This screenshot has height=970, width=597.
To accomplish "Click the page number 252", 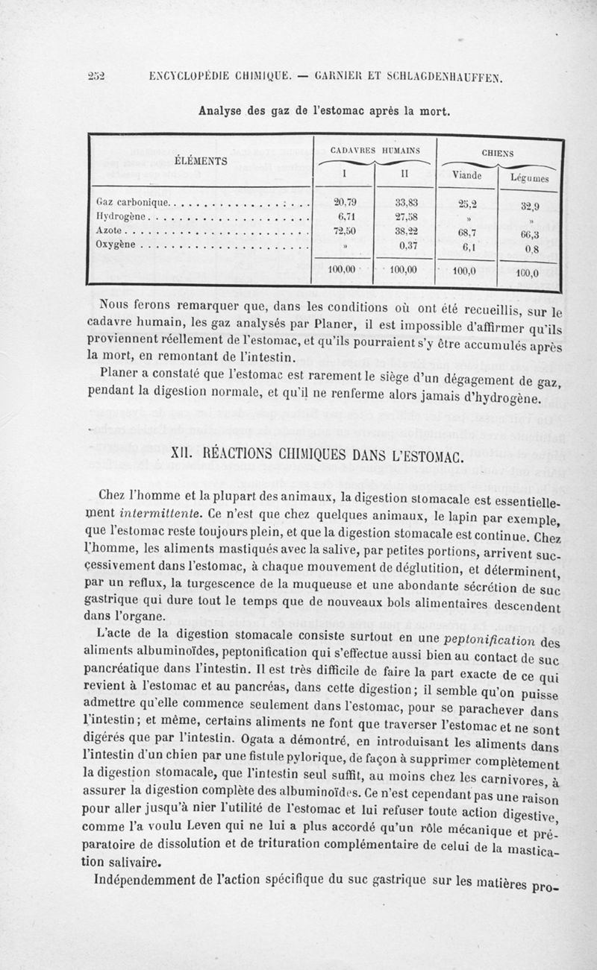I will coord(96,75).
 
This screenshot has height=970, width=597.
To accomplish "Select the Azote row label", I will coord(110,230).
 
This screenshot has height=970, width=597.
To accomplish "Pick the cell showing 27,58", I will coord(407,215).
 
